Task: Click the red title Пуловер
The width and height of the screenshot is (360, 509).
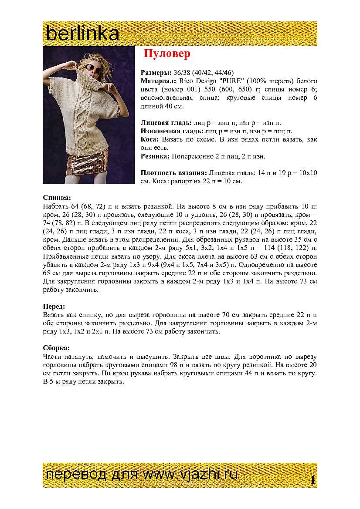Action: [167, 54]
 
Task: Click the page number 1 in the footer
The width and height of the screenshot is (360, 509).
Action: [312, 480]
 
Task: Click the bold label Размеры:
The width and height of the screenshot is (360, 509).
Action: [156, 73]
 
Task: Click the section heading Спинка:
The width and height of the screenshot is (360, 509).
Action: [57, 197]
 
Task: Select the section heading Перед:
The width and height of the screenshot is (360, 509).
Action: [54, 306]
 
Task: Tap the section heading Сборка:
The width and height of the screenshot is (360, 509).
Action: [56, 348]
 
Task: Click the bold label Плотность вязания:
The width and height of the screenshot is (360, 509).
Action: [174, 173]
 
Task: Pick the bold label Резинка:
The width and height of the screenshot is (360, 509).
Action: [155, 156]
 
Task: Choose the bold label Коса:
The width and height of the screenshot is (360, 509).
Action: [150, 139]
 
